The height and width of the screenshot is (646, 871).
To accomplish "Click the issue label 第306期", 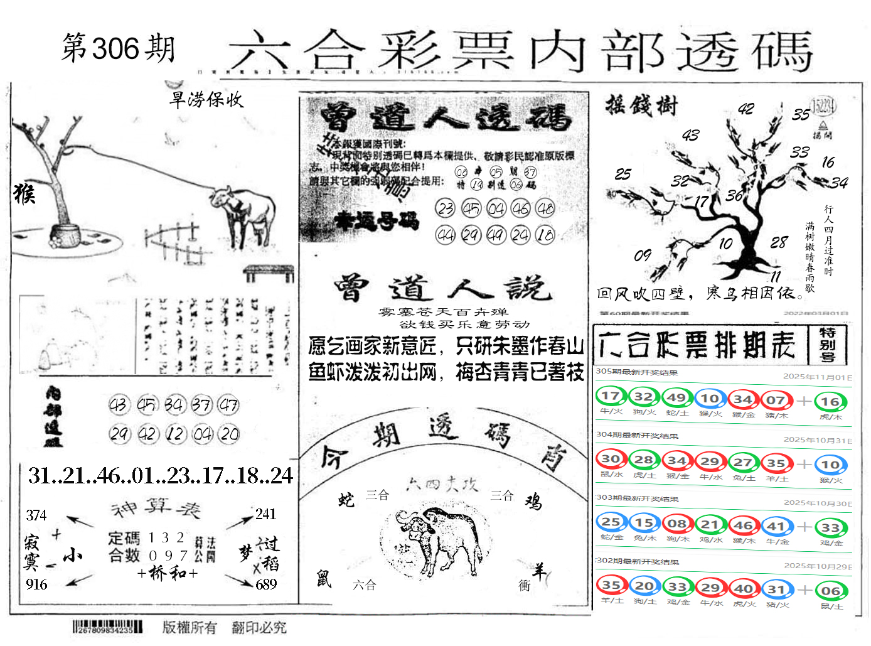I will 118,48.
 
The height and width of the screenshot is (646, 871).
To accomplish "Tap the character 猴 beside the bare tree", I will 24,193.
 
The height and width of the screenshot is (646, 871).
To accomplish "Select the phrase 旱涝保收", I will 206,99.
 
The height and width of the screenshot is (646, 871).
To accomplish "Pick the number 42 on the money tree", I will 745,109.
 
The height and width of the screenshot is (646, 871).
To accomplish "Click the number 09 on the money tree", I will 643,255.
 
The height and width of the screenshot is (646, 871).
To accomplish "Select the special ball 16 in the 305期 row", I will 830,402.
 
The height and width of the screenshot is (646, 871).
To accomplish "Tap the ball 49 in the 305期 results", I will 676,397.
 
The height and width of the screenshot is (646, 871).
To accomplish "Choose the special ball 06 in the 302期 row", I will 831,591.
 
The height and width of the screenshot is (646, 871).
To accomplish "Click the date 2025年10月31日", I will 818,440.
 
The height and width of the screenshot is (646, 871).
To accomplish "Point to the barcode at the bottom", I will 107,627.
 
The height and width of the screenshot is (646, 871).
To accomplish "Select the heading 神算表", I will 156,509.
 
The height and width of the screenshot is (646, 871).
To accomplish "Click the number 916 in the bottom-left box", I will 36,584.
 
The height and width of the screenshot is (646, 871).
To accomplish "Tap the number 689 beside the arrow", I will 266,584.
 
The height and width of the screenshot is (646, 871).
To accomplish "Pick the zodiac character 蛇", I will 346,500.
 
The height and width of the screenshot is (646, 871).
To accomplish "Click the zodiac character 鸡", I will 533,501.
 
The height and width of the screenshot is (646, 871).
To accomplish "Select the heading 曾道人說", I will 442,288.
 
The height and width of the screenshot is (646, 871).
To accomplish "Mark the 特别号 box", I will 827,345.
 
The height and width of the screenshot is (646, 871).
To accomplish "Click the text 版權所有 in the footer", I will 190,627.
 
